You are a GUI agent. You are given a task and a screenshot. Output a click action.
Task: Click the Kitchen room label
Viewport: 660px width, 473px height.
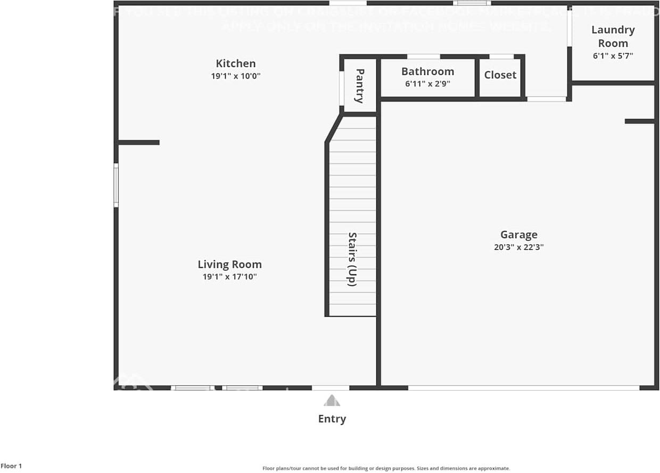(235, 64)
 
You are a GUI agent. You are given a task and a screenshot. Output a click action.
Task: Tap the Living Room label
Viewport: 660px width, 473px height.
(229, 264)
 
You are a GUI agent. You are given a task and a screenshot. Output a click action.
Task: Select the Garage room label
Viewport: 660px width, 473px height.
(518, 234)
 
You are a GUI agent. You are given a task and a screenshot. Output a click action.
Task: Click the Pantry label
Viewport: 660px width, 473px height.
(360, 86)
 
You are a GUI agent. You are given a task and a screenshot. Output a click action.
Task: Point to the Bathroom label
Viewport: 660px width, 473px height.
(427, 71)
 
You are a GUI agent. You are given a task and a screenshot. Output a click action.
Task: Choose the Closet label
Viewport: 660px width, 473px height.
(500, 75)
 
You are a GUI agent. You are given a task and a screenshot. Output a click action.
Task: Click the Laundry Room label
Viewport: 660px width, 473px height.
(613, 37)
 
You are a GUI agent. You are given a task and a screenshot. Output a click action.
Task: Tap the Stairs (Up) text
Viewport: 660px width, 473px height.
(352, 259)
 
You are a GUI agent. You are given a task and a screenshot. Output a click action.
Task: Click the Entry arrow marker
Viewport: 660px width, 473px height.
(332, 400)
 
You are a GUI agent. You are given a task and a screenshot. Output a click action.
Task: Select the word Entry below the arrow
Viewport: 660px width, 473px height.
(332, 419)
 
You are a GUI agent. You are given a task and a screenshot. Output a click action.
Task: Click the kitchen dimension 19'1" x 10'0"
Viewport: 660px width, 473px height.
(235, 76)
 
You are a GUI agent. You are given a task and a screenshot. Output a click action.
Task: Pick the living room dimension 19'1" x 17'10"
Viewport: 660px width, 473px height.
(229, 276)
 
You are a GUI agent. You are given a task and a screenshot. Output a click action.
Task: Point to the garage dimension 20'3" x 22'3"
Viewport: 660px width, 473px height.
(518, 247)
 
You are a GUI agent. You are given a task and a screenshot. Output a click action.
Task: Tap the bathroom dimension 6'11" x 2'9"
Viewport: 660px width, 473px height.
(427, 83)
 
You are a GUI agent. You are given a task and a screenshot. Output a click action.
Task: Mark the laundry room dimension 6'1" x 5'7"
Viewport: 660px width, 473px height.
(613, 55)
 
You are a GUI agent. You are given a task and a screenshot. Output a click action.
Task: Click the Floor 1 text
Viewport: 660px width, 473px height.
(11, 466)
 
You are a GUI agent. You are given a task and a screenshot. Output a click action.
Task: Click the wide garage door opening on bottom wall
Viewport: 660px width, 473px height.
(523, 388)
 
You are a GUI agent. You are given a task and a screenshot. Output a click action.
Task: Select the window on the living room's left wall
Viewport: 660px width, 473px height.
(116, 185)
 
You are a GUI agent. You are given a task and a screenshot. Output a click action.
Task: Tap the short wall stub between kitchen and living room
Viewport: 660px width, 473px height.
(138, 142)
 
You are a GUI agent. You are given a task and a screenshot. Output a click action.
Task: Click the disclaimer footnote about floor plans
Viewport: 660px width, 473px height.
(386, 468)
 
